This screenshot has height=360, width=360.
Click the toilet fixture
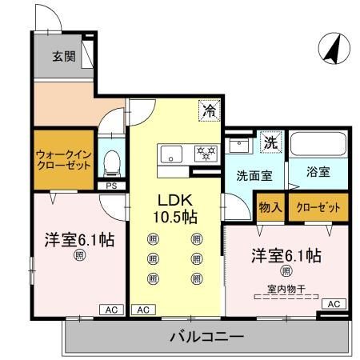[112, 162]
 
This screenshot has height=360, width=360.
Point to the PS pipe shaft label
[111, 186]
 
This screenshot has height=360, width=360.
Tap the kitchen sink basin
[172, 153]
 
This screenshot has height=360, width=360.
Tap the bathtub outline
[318, 146]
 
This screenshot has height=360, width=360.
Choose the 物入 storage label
[270, 206]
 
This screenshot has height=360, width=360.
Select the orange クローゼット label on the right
[318, 206]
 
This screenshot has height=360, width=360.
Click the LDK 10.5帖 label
[177, 206]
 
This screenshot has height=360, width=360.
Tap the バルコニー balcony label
[206, 337]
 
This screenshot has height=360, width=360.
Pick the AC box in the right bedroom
[334, 304]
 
